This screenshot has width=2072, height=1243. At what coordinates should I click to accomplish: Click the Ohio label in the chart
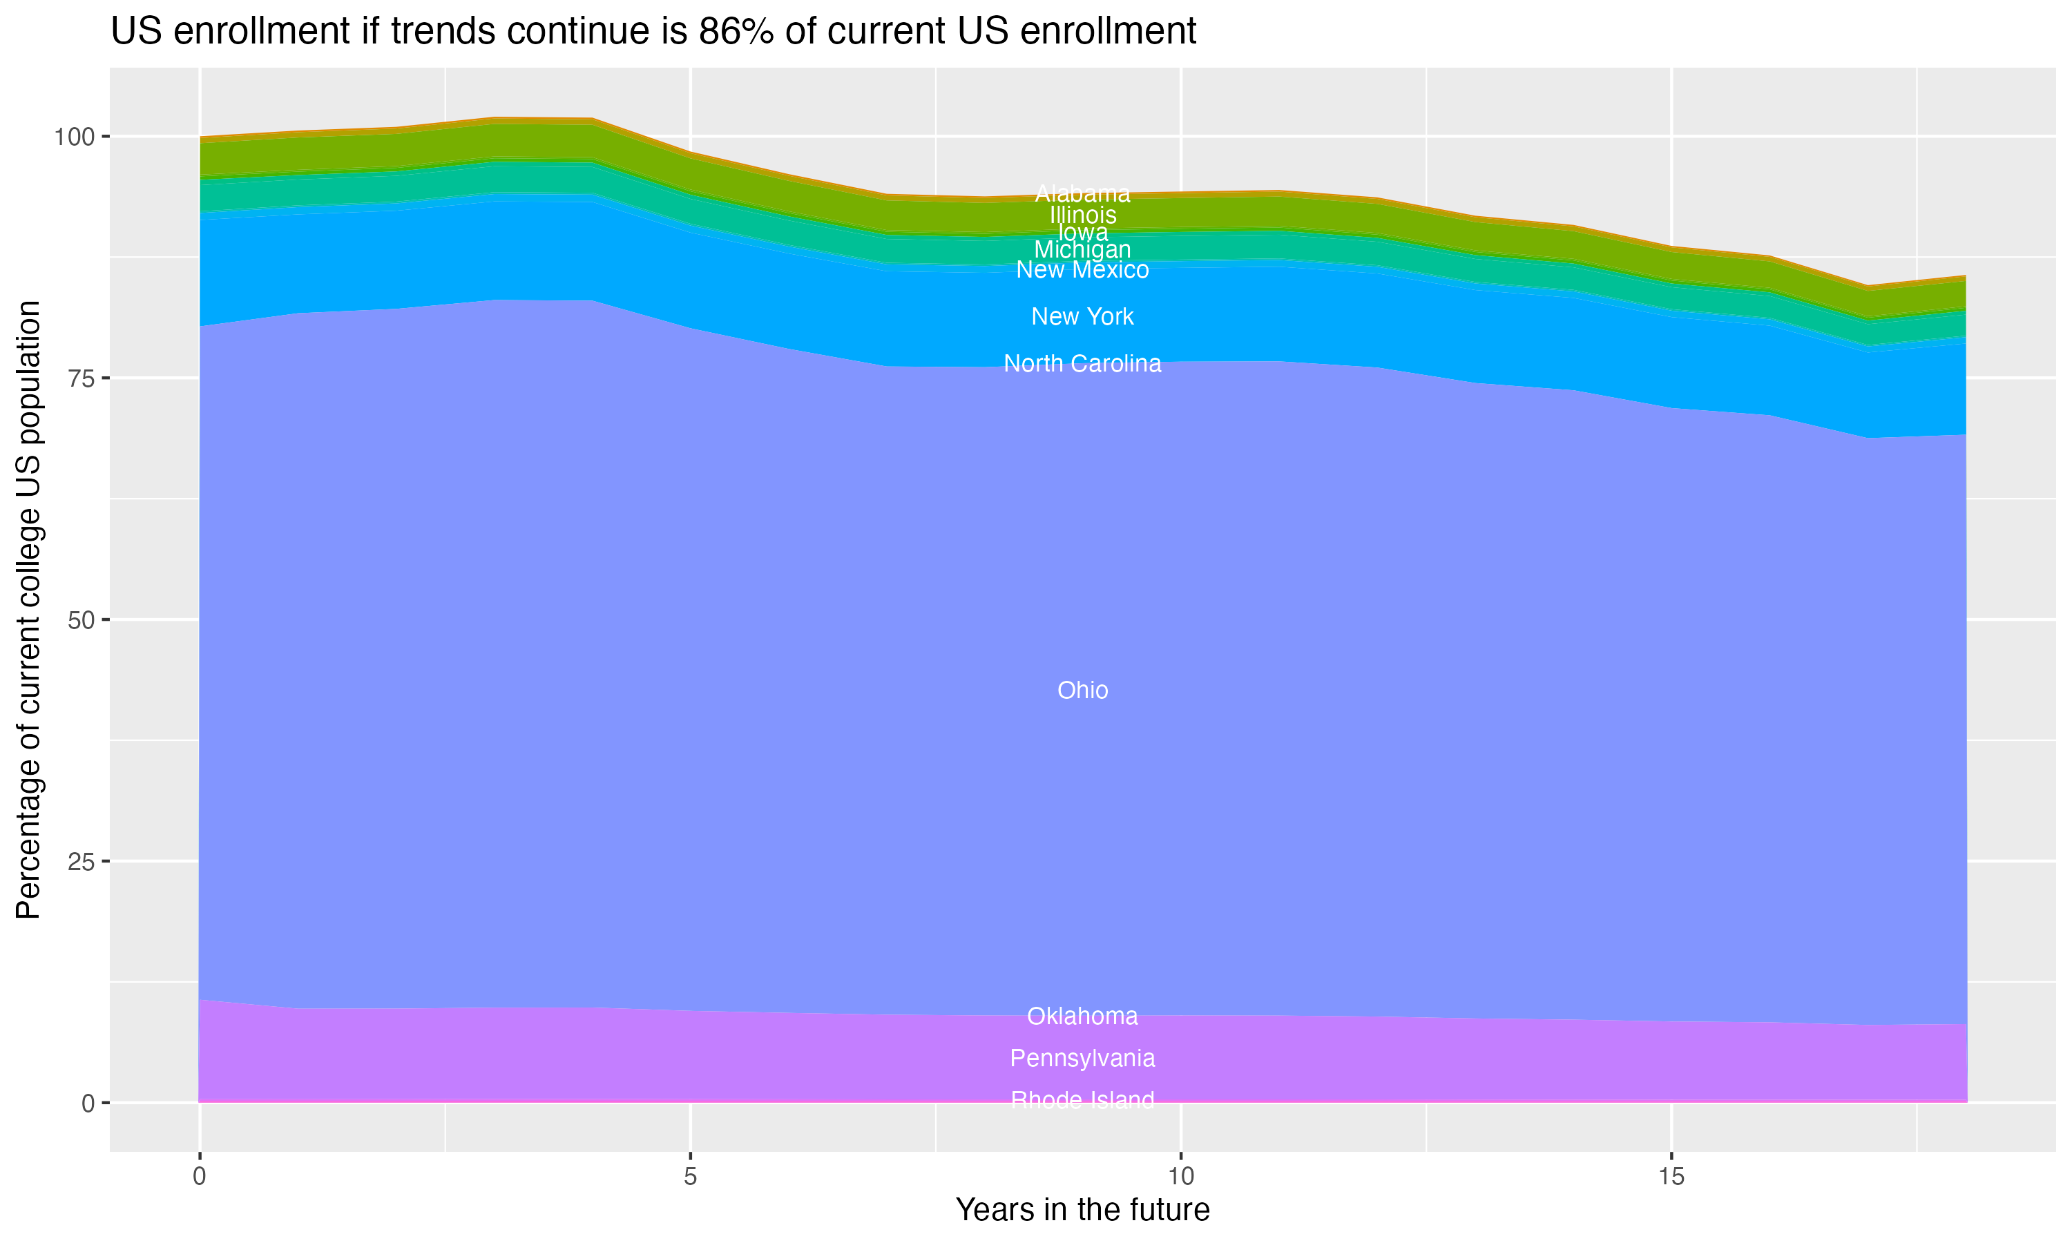[x=1082, y=690]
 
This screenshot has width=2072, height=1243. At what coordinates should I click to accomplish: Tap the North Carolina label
[x=1082, y=363]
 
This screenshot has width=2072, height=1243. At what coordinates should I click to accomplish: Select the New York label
[x=1082, y=316]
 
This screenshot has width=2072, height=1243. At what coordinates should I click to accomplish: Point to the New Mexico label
[x=1082, y=271]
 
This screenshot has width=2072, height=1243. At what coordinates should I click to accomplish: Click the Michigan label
[x=1082, y=249]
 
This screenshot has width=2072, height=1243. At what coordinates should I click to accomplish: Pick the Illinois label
[x=1082, y=215]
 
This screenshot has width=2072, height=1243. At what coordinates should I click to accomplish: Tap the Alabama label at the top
[x=1082, y=193]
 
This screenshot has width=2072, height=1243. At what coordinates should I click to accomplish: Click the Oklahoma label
[x=1082, y=1016]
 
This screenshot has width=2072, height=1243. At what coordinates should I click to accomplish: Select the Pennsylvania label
[x=1082, y=1058]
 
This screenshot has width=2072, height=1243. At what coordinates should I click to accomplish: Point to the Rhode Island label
[x=1082, y=1100]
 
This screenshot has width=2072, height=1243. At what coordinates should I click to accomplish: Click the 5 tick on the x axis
[x=690, y=1177]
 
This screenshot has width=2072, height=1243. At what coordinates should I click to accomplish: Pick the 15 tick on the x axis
[x=1671, y=1177]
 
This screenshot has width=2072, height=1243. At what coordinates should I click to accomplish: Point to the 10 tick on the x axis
[x=1180, y=1177]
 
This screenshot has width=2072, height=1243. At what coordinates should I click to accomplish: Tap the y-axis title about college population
[x=28, y=609]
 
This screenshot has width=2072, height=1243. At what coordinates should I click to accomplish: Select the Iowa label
[x=1082, y=232]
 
